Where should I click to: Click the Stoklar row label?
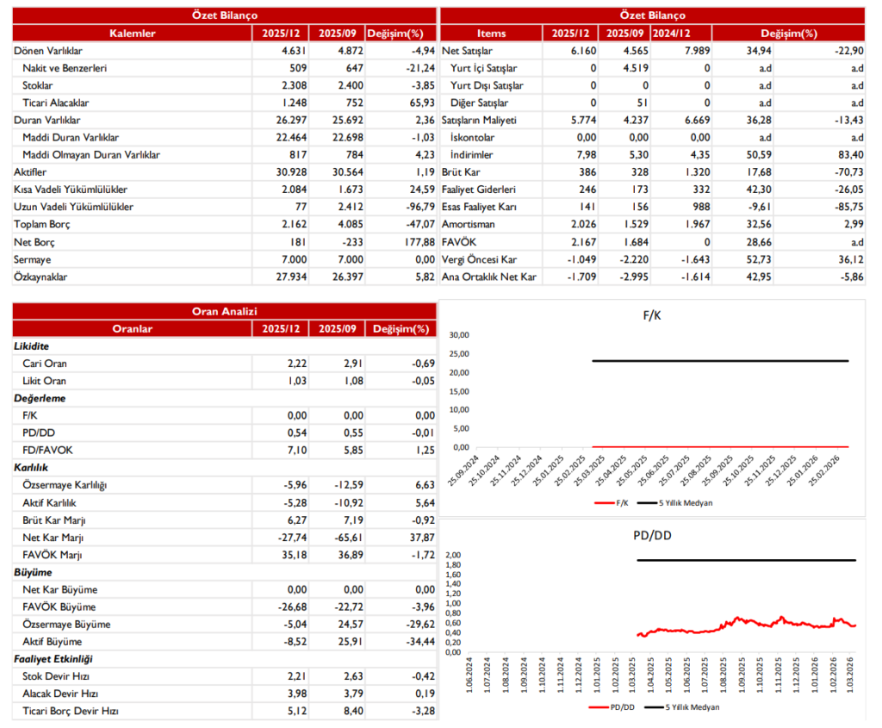point(38,85)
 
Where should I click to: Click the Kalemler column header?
point(132,34)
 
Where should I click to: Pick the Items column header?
point(491,34)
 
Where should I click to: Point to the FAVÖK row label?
point(457,242)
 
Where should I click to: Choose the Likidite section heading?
point(32,346)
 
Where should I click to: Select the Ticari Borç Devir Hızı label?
point(70,711)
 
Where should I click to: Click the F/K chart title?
point(651,316)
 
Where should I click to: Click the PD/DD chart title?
point(651,535)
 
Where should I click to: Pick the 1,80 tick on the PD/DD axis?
point(453,565)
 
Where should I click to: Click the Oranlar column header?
point(132,328)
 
